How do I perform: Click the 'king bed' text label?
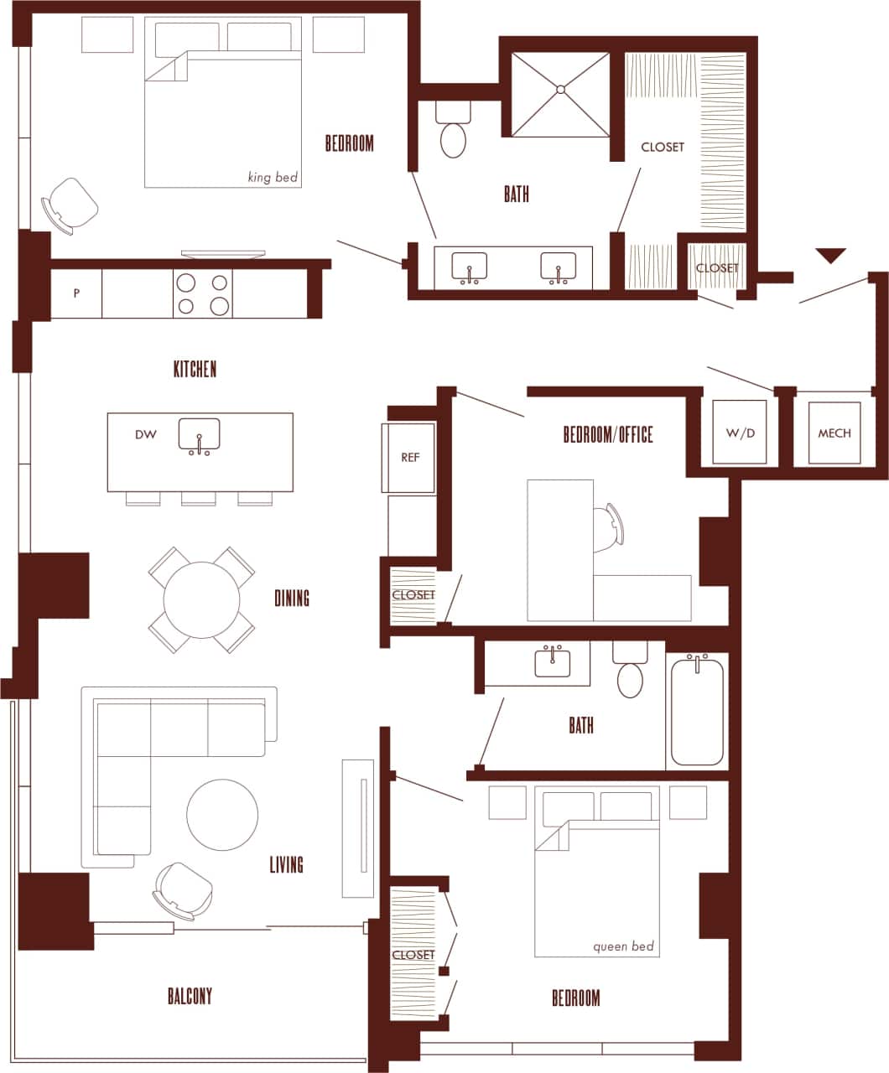[x=273, y=177]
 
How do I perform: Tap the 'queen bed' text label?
[x=622, y=946]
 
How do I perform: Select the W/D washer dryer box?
[x=740, y=433]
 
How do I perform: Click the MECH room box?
[x=834, y=433]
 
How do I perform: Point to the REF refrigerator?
[x=409, y=458]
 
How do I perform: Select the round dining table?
[x=201, y=599]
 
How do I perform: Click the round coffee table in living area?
[x=222, y=815]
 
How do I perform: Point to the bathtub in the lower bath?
[x=697, y=711]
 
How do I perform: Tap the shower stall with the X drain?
[x=560, y=94]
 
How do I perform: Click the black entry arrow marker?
[x=830, y=255]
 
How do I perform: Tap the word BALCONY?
[x=190, y=996]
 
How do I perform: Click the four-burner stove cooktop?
[x=202, y=293]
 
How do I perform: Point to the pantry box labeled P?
[x=76, y=293]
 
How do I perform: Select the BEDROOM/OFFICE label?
[x=607, y=434]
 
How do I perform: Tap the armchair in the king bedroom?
[x=70, y=205]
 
